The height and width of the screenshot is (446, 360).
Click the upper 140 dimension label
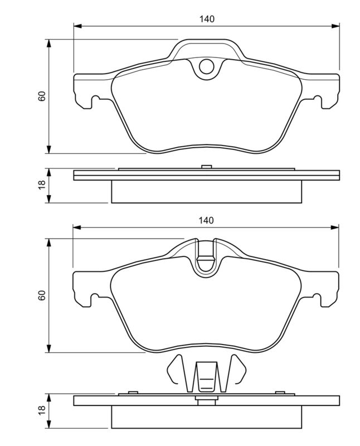point(206,19)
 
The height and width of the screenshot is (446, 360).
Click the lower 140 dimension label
point(206,221)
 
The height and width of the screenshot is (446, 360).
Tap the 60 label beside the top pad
point(42,96)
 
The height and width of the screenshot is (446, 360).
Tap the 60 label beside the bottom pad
point(42,295)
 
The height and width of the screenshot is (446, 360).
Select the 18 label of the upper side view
point(42,186)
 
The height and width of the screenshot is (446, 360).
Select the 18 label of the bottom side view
point(42,411)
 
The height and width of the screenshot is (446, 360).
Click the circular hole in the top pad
point(206,67)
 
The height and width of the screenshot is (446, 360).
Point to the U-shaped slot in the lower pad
point(206,262)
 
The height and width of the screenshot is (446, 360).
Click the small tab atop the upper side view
point(206,166)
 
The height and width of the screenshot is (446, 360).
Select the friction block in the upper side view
point(207,192)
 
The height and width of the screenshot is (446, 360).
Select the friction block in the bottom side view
point(207,416)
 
